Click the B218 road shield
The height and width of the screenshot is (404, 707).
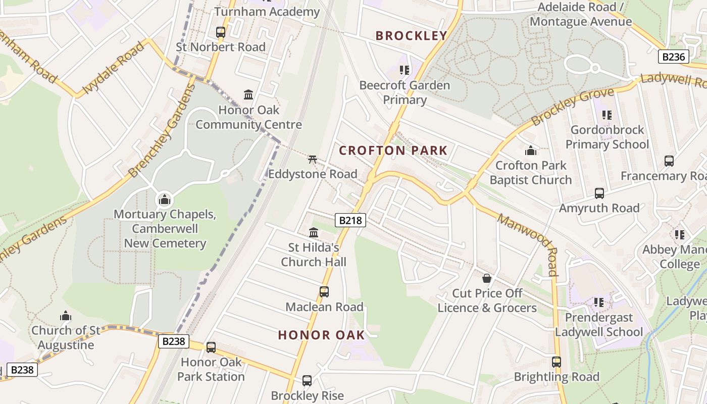click(x=350, y=220)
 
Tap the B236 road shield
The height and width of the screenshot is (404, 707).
click(x=674, y=57)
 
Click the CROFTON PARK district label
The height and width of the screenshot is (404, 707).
click(x=393, y=150)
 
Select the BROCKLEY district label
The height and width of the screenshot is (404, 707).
click(x=412, y=35)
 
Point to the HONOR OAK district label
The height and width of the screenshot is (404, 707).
click(x=321, y=335)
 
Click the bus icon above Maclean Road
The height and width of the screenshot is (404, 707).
click(x=324, y=292)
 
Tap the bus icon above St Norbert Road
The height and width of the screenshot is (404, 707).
click(x=221, y=32)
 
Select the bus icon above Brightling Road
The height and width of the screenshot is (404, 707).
click(x=557, y=362)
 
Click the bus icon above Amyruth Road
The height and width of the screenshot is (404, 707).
click(x=599, y=193)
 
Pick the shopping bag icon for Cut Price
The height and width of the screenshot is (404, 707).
click(x=487, y=278)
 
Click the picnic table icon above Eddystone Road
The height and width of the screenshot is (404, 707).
click(x=313, y=159)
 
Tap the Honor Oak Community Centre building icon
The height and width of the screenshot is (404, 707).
click(x=248, y=94)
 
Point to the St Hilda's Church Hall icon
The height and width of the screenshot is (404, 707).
click(x=314, y=232)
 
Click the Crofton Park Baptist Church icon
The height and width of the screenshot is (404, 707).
click(x=531, y=150)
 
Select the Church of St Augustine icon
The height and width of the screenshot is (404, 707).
click(x=66, y=316)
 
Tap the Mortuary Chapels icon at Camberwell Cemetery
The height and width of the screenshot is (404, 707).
click(x=165, y=199)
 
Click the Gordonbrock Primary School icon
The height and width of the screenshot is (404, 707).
click(x=607, y=115)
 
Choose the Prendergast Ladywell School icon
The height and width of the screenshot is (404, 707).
click(x=599, y=302)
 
